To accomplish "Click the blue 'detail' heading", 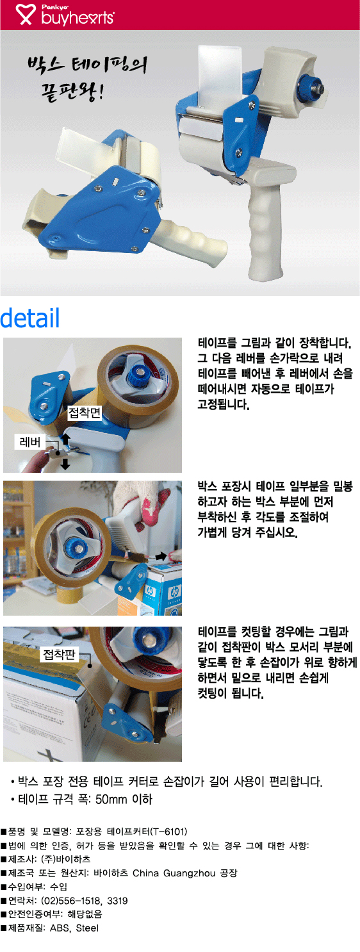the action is tap(29, 318).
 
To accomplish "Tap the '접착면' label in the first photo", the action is tap(85, 412).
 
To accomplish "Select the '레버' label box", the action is tap(30, 442).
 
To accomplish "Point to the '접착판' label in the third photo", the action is tap(59, 654).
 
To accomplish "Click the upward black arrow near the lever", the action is tap(65, 439).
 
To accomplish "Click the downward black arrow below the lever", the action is tap(65, 464).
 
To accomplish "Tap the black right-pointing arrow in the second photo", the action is tap(161, 556).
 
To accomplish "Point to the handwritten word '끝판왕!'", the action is tap(72, 90).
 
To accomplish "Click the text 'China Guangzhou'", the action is tap(174, 873).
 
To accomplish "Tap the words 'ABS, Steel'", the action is tap(74, 928).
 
